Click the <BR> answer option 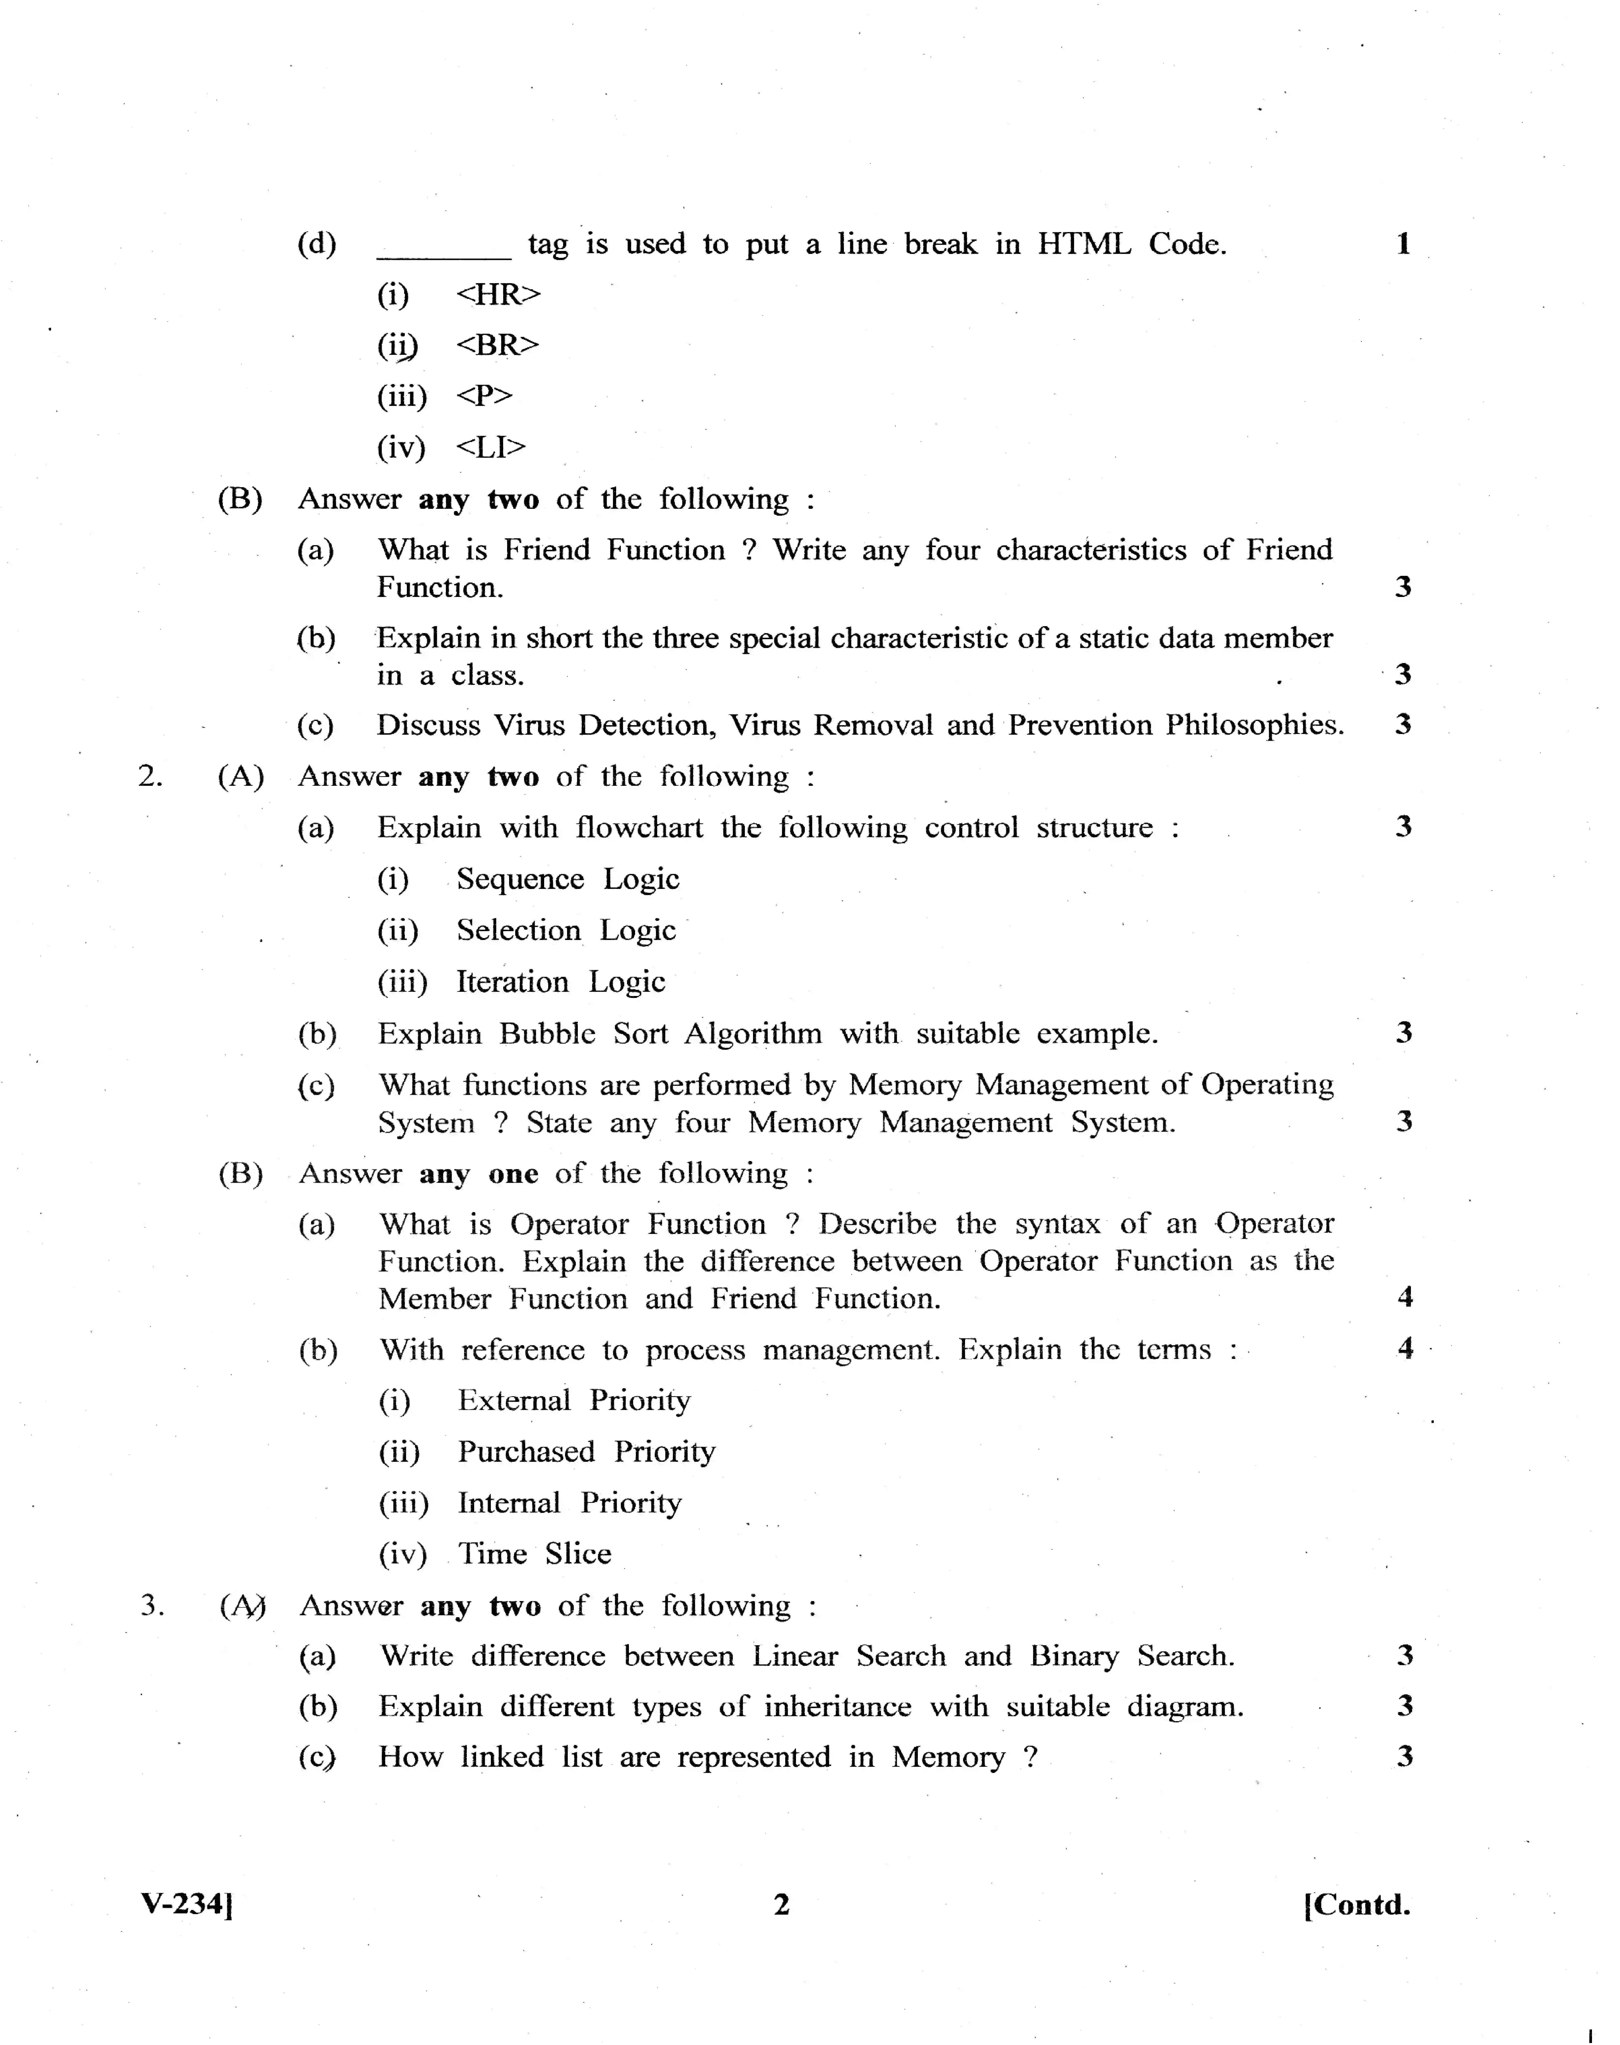(497, 345)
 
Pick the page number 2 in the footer (782, 1905)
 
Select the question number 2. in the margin (150, 776)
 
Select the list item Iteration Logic (561, 982)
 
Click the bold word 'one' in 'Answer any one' (513, 1175)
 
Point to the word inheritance (838, 1708)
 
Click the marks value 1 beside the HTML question (1403, 245)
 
